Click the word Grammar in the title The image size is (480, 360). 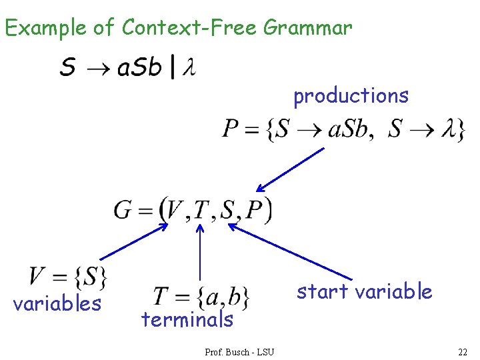(x=307, y=29)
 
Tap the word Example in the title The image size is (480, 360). (x=45, y=28)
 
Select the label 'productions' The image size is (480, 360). (x=351, y=96)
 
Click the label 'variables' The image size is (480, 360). (x=57, y=304)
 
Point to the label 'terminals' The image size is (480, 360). (x=187, y=320)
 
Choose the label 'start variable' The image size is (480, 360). (x=364, y=291)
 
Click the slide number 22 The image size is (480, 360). (x=463, y=351)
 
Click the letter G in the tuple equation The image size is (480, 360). (x=123, y=210)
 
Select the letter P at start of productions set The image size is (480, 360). (x=231, y=129)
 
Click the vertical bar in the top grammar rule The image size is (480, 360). (x=174, y=67)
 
